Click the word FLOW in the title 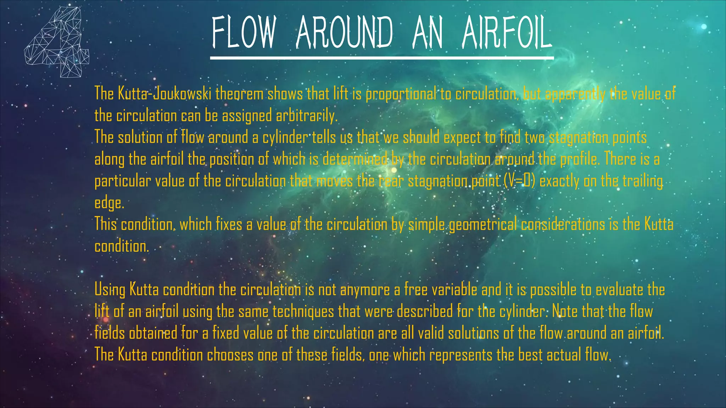coord(244,33)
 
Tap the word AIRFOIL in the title coord(507,33)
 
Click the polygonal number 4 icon coord(57,42)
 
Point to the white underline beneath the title coord(382,58)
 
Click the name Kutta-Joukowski coord(153,94)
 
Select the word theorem coord(239,94)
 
